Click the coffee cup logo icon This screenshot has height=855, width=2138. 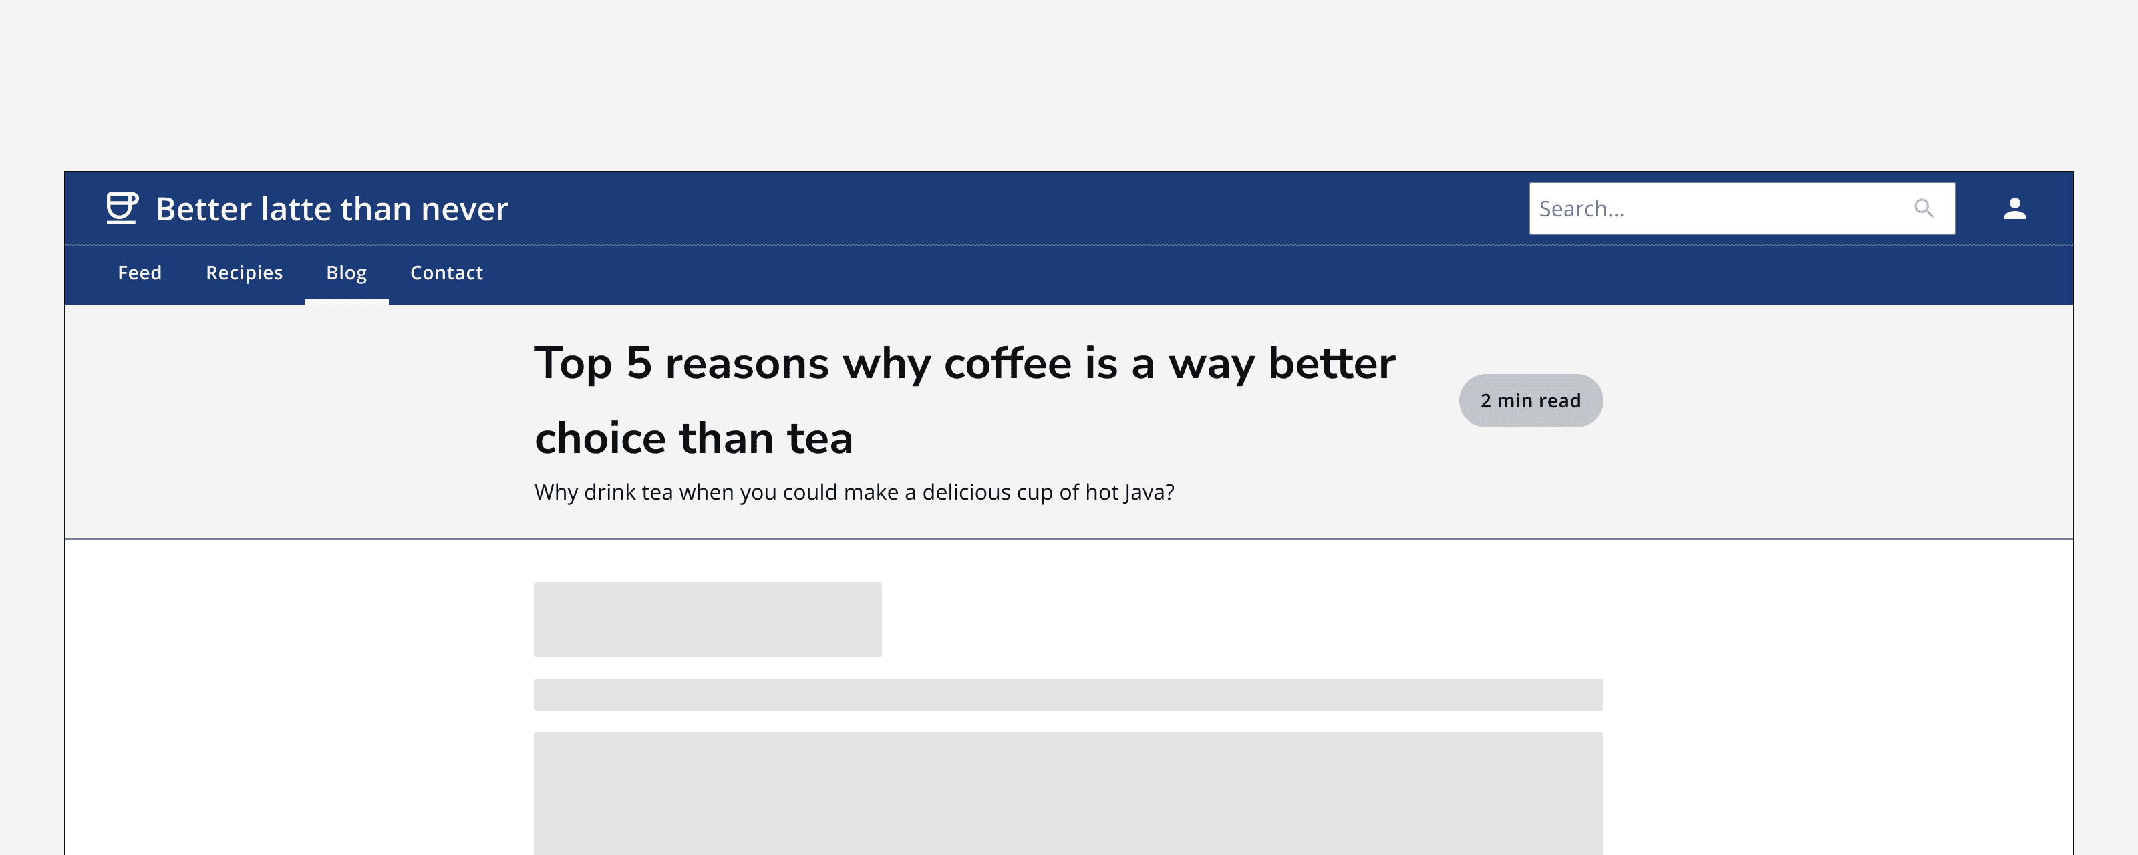click(121, 208)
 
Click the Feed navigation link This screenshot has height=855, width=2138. click(140, 273)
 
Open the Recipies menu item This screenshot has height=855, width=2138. click(244, 273)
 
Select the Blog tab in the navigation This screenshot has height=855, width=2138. click(346, 273)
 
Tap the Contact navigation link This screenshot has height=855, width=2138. click(446, 273)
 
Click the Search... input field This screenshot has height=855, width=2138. click(1718, 209)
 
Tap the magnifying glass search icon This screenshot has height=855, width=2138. click(1923, 208)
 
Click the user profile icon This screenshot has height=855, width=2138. click(2014, 208)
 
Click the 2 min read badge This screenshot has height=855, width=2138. click(1531, 401)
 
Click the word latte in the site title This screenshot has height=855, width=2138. click(295, 209)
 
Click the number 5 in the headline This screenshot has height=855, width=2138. click(638, 363)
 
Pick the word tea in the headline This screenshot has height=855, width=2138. click(819, 438)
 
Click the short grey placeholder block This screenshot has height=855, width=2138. click(707, 619)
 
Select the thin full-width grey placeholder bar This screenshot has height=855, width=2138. click(1068, 694)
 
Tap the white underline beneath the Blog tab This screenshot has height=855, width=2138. click(346, 301)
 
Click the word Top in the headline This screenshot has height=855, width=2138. click(573, 363)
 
